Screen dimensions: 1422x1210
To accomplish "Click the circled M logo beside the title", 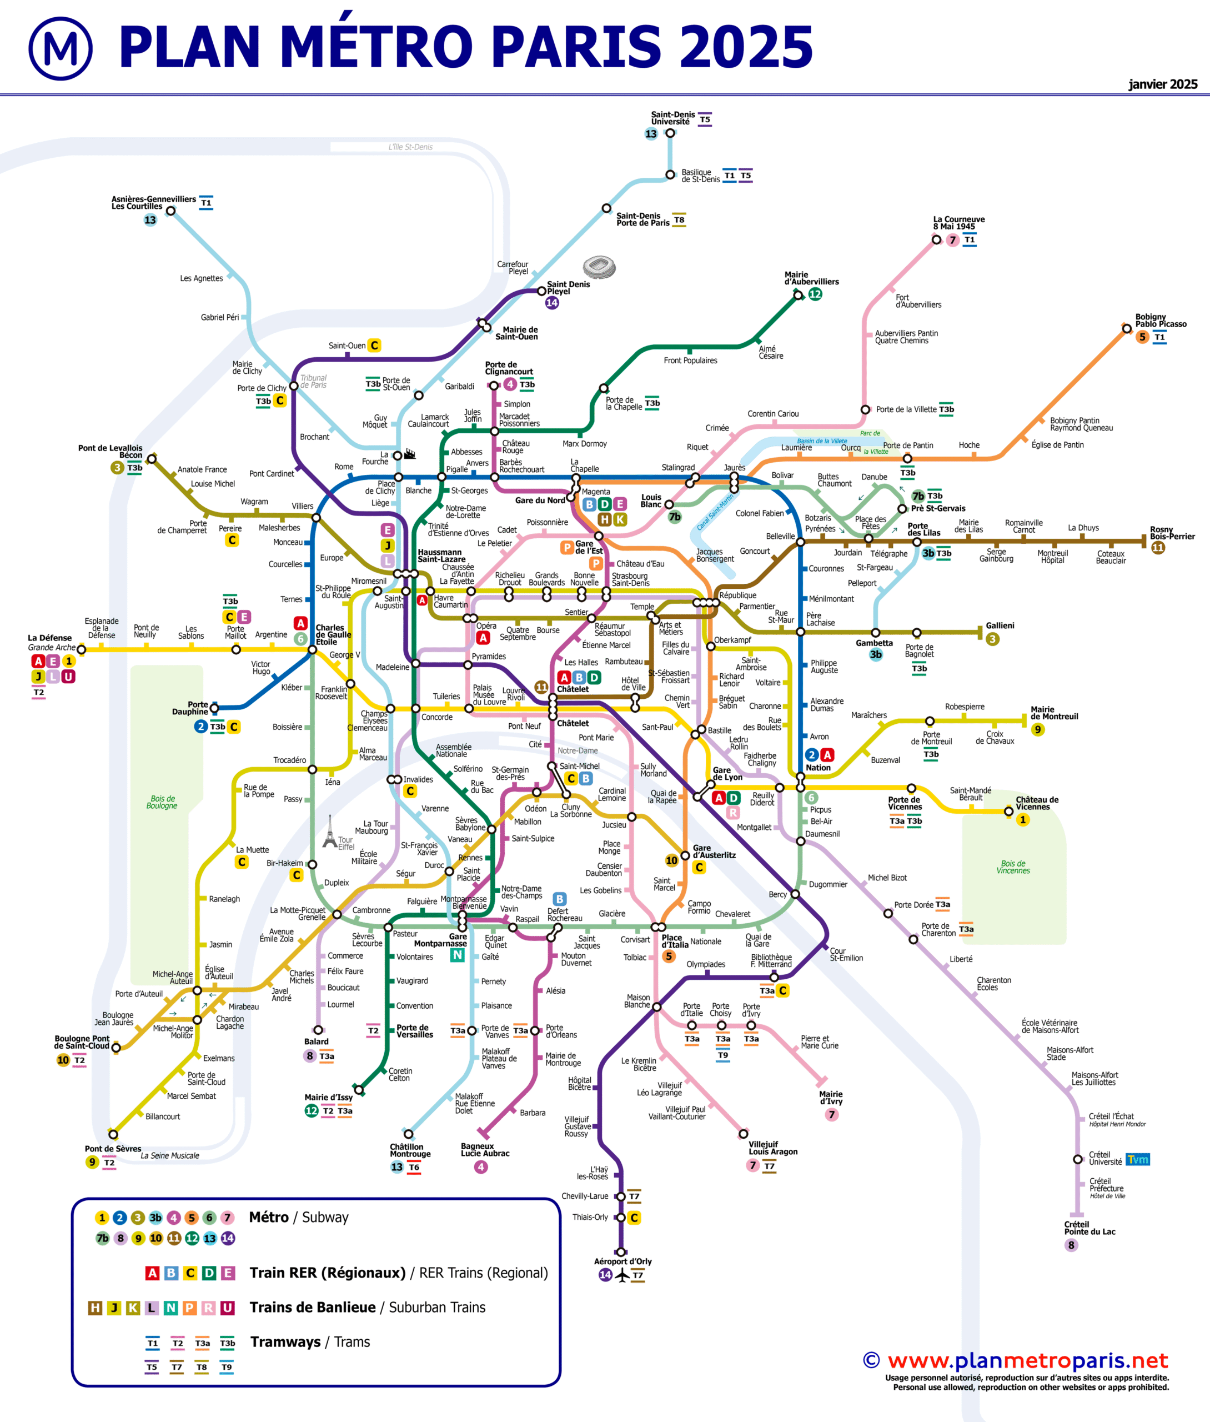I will point(61,48).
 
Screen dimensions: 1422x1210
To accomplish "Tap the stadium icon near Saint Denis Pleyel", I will point(599,267).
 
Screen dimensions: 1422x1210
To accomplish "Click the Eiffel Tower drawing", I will point(330,832).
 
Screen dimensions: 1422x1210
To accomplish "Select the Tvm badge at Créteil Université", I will point(1137,1159).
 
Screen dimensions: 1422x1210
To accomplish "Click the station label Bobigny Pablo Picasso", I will point(1161,321).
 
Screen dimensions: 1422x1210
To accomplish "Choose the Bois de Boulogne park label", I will point(162,802).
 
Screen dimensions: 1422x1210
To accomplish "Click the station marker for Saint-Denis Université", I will point(670,133).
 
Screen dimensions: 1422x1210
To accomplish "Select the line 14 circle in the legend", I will point(228,1238).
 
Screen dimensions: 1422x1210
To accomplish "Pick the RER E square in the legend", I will point(228,1273).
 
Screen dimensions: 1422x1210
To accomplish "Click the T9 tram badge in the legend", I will point(227,1367).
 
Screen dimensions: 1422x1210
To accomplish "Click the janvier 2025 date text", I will point(1163,84).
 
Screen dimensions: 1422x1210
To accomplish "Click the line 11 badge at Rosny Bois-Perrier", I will point(1158,547).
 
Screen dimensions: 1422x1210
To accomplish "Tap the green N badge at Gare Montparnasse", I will point(458,955).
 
